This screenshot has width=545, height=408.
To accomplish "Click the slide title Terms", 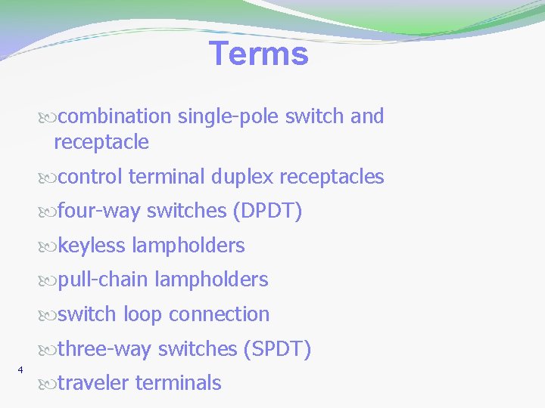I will [x=259, y=54].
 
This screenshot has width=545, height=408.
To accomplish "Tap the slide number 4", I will [x=20, y=369].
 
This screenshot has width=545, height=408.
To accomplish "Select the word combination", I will [x=115, y=116].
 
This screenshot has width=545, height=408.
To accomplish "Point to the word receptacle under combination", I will [x=101, y=142].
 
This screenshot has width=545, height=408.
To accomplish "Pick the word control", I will [x=90, y=178].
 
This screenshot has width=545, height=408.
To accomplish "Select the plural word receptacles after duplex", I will [x=332, y=178].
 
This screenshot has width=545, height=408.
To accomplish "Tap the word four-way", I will [x=99, y=212].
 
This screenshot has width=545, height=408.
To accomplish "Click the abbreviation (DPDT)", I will [x=267, y=212].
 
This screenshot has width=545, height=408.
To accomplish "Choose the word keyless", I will [x=92, y=246].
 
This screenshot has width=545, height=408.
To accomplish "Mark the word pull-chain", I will [x=103, y=280].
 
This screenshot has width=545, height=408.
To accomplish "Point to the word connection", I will [x=219, y=314].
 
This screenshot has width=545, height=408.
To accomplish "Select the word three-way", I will [x=104, y=349].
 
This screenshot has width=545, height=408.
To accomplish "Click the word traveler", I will [x=93, y=383].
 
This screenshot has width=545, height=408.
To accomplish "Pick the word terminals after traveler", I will [x=178, y=383].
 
